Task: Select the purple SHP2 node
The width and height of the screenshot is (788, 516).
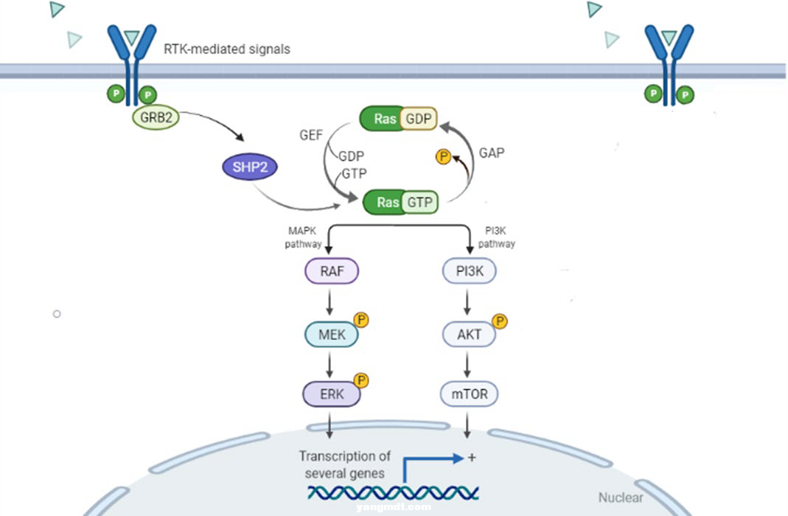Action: [x=250, y=167]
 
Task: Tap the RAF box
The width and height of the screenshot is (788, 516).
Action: [x=331, y=271]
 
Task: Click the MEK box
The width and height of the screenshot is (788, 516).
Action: [x=331, y=335]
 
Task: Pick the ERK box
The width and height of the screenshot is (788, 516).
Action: [x=331, y=394]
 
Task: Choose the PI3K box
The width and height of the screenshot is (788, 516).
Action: [x=470, y=271]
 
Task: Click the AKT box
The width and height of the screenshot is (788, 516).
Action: [x=470, y=335]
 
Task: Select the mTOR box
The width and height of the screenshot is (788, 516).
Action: [x=470, y=394]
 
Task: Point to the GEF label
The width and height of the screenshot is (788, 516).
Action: [x=311, y=136]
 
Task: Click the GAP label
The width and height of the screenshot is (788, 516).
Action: [x=492, y=153]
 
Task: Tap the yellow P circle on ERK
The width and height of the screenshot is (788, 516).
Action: [x=361, y=380]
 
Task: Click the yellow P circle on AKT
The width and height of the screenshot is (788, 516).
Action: [x=499, y=321]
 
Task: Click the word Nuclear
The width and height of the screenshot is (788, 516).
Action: [x=620, y=498]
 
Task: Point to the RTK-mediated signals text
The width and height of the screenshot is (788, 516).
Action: [x=226, y=49]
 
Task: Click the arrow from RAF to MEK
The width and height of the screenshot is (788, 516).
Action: [x=331, y=302]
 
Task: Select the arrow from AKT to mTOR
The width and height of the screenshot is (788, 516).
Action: [x=470, y=364]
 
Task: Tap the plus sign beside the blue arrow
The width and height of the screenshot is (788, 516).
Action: [x=472, y=458]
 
